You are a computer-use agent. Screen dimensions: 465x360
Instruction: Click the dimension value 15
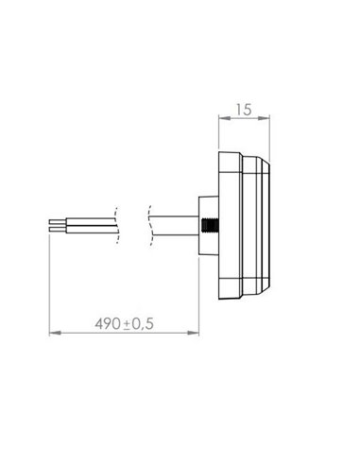[x=244, y=111]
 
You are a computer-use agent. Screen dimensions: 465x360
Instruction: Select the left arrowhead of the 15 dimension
[x=221, y=119]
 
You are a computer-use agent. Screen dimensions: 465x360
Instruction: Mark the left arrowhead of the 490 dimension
[x=49, y=333]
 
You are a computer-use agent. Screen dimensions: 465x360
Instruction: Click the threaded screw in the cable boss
[x=210, y=226]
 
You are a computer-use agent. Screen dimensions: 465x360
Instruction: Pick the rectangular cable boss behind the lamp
[x=203, y=226]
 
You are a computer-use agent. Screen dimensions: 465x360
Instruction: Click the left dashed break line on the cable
[x=115, y=226]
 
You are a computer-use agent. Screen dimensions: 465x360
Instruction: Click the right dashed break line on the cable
[x=148, y=226]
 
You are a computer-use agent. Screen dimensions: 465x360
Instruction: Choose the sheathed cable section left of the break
[x=90, y=226]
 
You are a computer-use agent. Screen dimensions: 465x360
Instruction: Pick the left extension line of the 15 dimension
[x=218, y=132]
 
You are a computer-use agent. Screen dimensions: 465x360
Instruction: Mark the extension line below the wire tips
[x=46, y=284]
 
